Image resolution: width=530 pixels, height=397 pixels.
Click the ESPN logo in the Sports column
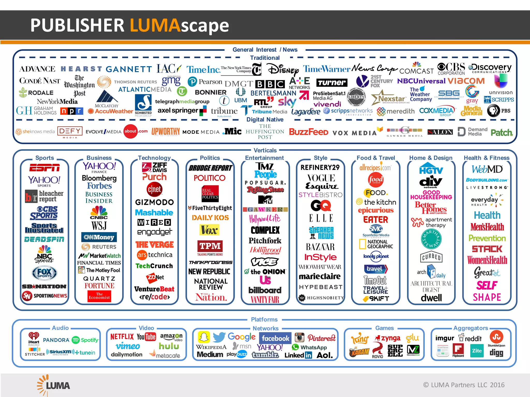click(x=45, y=168)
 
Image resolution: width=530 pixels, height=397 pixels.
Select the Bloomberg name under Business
click(x=99, y=178)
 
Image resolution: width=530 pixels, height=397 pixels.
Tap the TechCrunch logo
click(x=154, y=266)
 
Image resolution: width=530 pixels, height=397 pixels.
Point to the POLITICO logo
click(x=210, y=178)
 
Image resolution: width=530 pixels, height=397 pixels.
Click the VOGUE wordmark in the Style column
click(x=321, y=178)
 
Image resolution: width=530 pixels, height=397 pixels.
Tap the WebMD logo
click(x=487, y=169)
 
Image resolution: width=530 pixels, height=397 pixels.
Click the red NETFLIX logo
click(x=122, y=337)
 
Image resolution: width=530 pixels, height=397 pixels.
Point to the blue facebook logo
click(x=275, y=338)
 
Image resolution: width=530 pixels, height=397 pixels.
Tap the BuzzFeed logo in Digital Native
click(x=308, y=132)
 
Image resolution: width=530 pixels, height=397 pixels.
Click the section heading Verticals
click(x=265, y=150)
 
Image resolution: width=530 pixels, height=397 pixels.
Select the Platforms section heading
click(x=264, y=319)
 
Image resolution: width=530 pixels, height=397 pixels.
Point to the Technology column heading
click(x=154, y=158)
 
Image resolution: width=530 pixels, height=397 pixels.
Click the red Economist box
click(x=99, y=296)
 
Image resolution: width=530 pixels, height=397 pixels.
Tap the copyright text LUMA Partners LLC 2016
click(x=464, y=385)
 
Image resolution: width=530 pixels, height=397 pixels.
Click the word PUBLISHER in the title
click(x=77, y=25)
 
